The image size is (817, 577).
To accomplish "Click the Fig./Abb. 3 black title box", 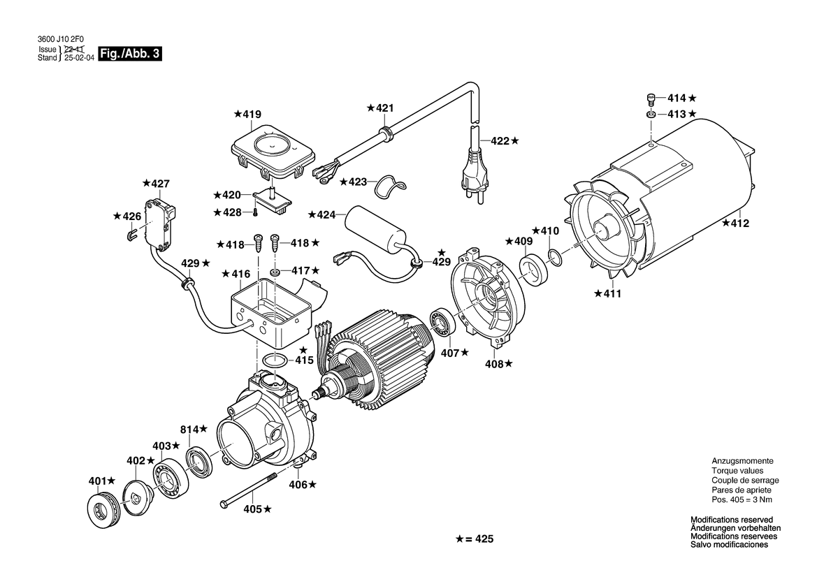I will tap(131, 54).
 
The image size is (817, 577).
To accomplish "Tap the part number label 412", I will tap(739, 224).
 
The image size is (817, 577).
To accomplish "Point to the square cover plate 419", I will tap(273, 148).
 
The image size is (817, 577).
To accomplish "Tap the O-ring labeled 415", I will tap(274, 361).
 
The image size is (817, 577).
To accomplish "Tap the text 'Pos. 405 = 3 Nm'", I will tap(742, 499).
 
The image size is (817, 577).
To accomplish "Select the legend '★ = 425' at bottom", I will tap(475, 539).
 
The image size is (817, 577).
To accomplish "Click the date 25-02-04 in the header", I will tap(79, 59).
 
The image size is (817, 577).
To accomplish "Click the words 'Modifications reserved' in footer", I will tap(731, 520).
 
